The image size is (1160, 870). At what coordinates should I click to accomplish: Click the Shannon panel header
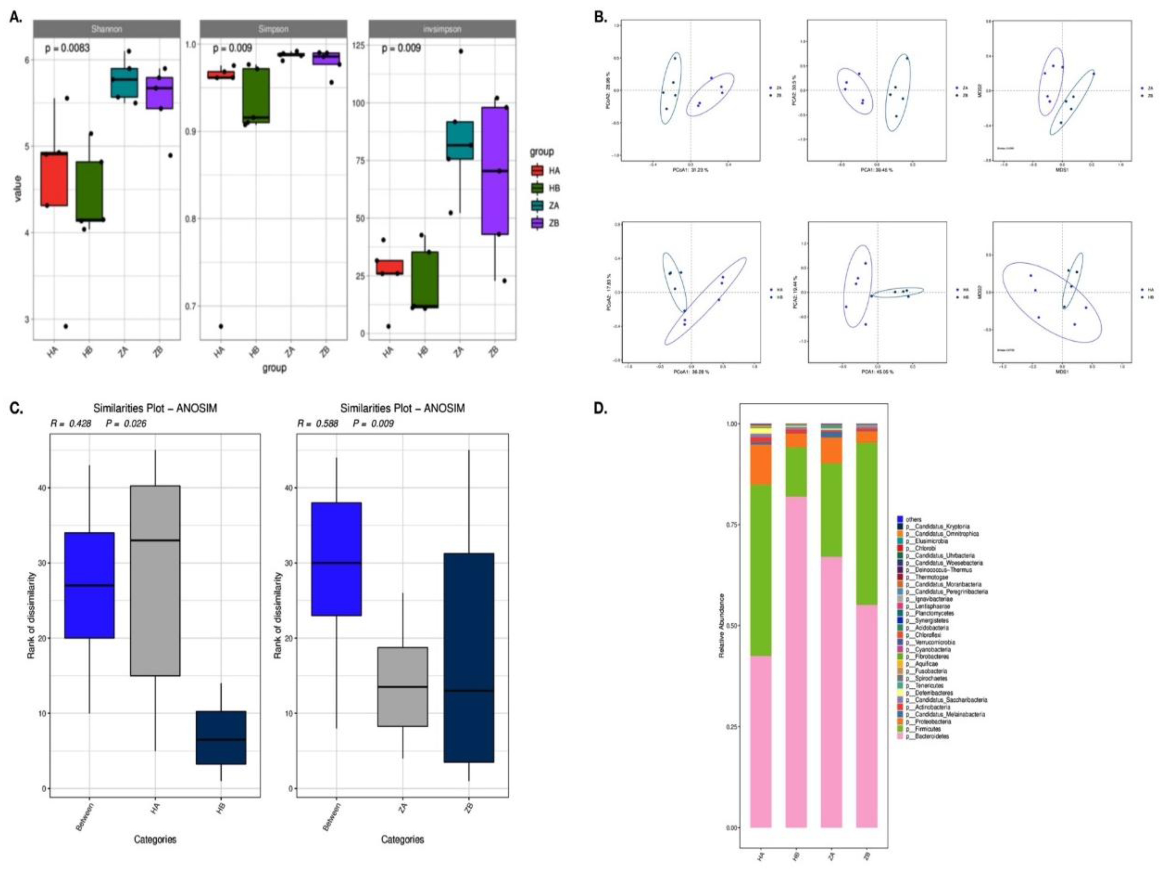[x=107, y=29]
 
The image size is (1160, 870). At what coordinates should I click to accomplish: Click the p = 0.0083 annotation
[x=67, y=48]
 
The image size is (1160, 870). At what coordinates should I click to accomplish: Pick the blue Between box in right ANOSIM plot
[x=336, y=559]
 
